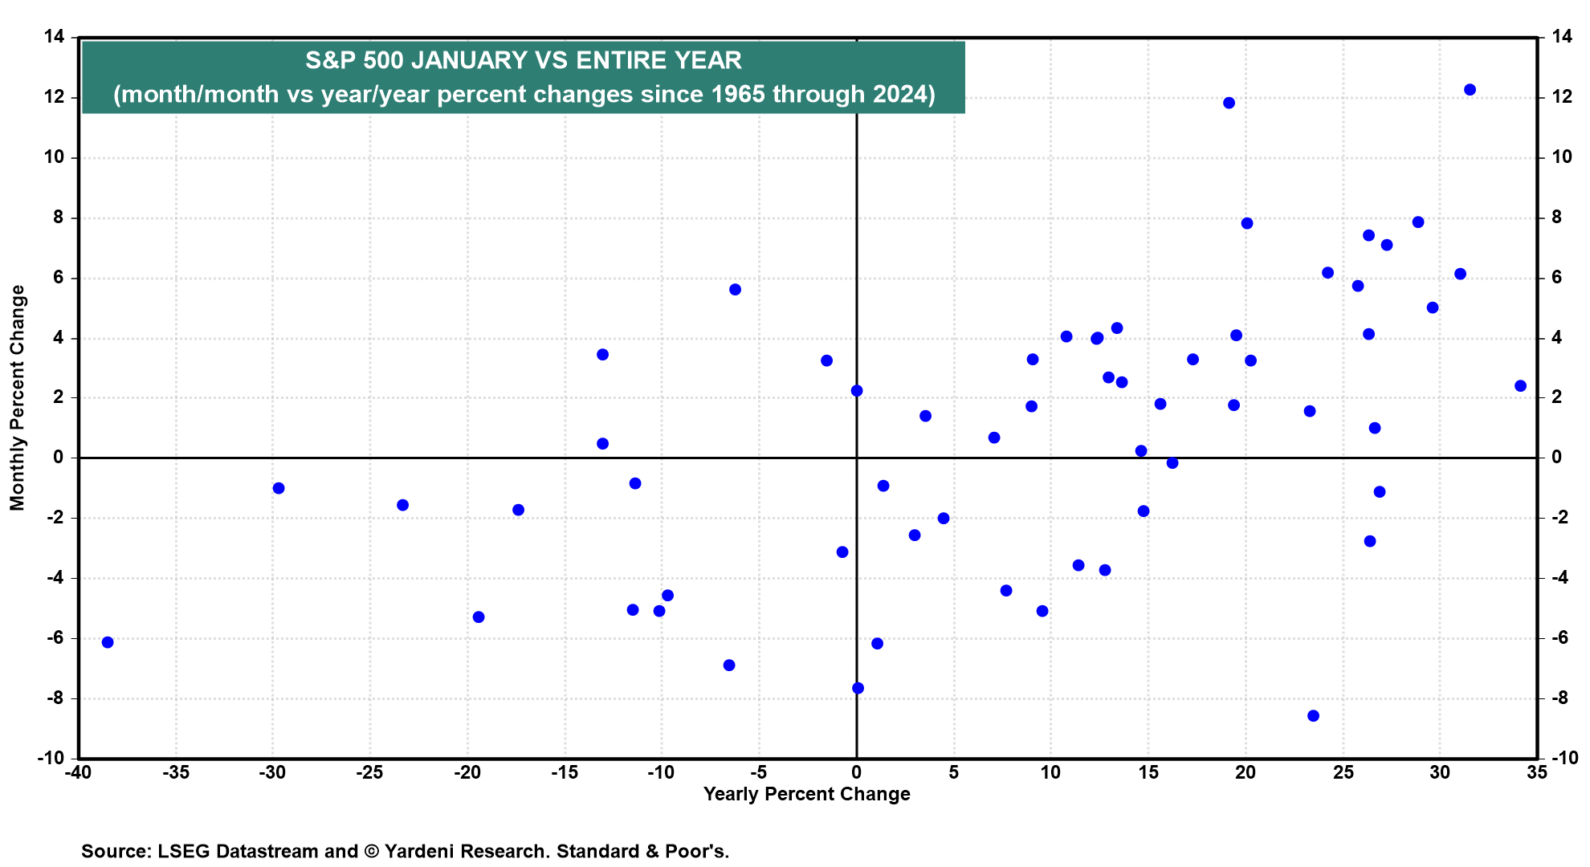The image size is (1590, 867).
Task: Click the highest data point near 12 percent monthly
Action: [x=1470, y=90]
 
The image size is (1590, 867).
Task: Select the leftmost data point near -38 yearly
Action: [x=108, y=642]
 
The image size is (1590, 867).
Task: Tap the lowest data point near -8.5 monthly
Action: [x=1313, y=715]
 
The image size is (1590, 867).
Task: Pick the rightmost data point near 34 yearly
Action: [x=1520, y=386]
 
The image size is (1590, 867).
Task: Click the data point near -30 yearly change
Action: [x=279, y=488]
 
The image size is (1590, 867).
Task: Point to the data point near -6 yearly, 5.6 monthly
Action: [x=735, y=289]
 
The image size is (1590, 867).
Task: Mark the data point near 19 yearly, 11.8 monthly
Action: [x=1229, y=103]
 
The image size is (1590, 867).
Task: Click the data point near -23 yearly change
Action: [x=403, y=505]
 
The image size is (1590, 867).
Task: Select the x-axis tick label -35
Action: [x=175, y=772]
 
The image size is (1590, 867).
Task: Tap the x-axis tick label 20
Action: [x=1245, y=772]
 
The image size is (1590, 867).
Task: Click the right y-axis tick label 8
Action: [x=1556, y=218]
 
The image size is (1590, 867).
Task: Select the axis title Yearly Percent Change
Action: [x=807, y=795]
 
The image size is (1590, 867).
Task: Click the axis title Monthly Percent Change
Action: [x=18, y=398]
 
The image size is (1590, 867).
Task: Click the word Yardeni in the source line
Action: [x=421, y=851]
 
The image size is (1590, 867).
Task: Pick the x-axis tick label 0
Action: [x=857, y=772]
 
